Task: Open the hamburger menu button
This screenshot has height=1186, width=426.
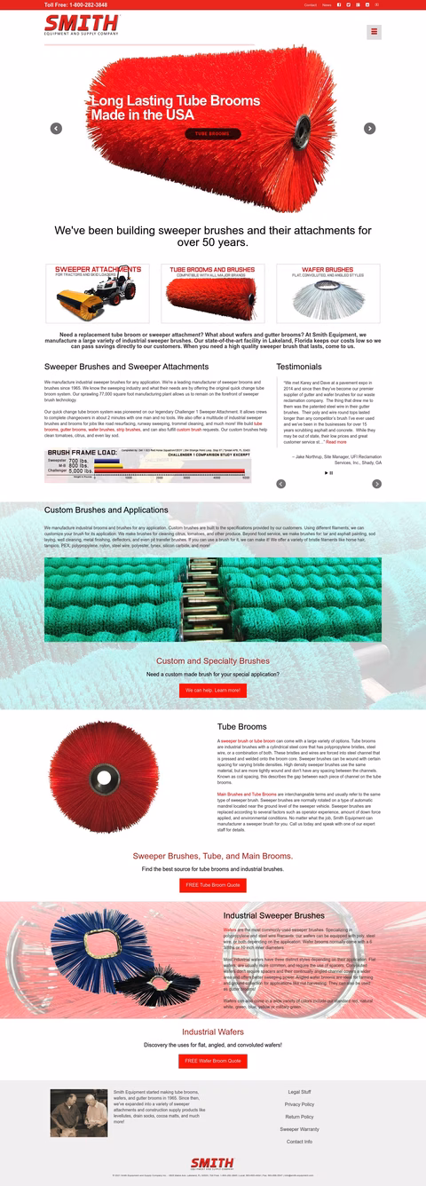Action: click(374, 32)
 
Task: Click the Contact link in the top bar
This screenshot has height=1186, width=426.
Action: click(310, 4)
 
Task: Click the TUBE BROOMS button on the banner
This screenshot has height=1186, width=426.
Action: click(212, 134)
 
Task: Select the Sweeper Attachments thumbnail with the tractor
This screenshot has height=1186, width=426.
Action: click(98, 293)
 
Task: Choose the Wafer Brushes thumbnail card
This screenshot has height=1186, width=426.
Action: click(327, 293)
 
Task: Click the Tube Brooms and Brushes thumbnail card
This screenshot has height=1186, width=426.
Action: click(212, 293)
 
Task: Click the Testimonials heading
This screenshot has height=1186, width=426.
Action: click(299, 366)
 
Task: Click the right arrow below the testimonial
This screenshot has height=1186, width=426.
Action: click(376, 484)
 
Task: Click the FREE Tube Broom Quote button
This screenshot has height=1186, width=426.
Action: click(212, 885)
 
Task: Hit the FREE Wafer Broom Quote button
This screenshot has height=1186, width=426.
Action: click(212, 1061)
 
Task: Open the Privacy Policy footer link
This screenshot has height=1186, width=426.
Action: click(299, 1104)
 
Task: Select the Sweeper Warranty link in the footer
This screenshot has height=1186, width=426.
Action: click(299, 1129)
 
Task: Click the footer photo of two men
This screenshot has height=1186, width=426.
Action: click(79, 1113)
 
